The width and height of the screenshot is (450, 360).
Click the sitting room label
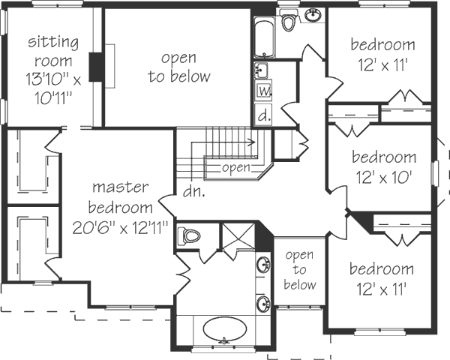pos(49,49)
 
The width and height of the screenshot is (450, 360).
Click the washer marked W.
pos(263,91)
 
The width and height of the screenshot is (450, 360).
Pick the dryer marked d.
pos(263,115)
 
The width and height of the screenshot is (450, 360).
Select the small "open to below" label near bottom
pos(300,270)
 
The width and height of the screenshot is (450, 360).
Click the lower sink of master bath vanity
pos(264,304)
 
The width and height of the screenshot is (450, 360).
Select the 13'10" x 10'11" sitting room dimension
pos(49,87)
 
